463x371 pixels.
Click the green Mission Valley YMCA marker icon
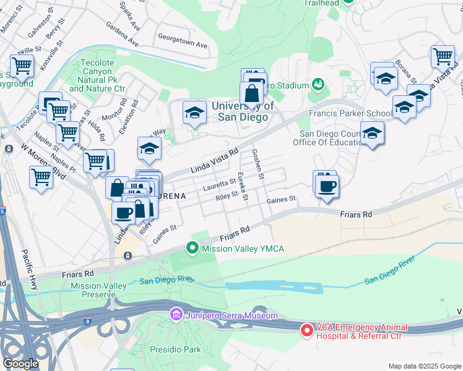click(x=193, y=249)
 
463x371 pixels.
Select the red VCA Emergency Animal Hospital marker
click(x=306, y=331)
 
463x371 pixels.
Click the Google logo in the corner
click(x=20, y=364)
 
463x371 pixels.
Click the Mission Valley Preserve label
click(x=98, y=291)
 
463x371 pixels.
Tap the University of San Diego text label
click(x=243, y=111)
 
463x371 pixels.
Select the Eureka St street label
click(x=243, y=186)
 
